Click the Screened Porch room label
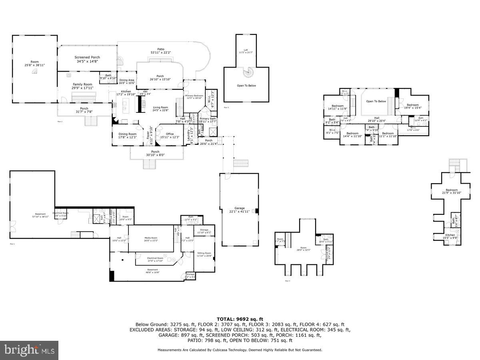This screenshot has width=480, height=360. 87,58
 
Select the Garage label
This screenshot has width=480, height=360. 240,208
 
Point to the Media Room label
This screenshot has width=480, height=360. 151,238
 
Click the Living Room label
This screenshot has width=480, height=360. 160,107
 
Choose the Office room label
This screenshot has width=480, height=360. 170,134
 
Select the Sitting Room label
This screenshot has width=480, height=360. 204,253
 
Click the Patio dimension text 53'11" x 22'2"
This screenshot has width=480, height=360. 161,52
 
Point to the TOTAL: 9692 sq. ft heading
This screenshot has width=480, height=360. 240,319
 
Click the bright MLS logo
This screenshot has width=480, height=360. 29,350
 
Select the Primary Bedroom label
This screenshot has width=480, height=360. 194,96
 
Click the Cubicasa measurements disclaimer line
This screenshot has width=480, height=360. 240,350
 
